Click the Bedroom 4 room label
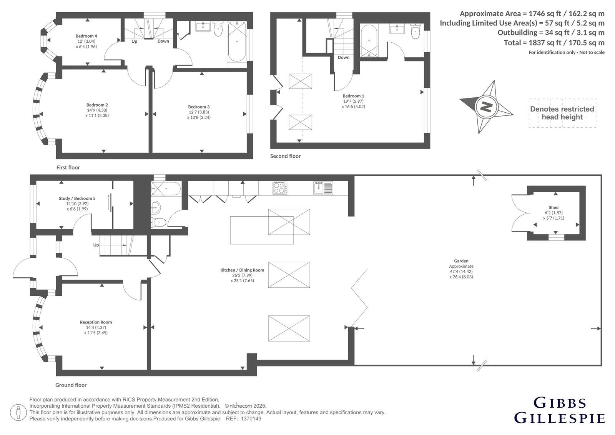(x=86, y=36)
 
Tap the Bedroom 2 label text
(x=97, y=105)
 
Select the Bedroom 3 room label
(x=199, y=107)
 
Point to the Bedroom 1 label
(x=353, y=96)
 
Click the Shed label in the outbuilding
(x=553, y=207)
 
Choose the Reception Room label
(x=96, y=322)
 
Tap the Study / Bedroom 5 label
(x=77, y=198)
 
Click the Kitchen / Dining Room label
(x=242, y=270)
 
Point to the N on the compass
(x=486, y=107)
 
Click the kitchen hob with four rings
(x=280, y=188)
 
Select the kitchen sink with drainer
(x=323, y=188)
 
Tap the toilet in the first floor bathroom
(x=218, y=28)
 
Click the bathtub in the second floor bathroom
(x=369, y=41)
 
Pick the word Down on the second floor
(x=344, y=57)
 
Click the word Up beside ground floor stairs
(x=96, y=245)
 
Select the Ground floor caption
(x=71, y=385)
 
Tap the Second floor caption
(x=285, y=156)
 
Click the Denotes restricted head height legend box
(x=562, y=113)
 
